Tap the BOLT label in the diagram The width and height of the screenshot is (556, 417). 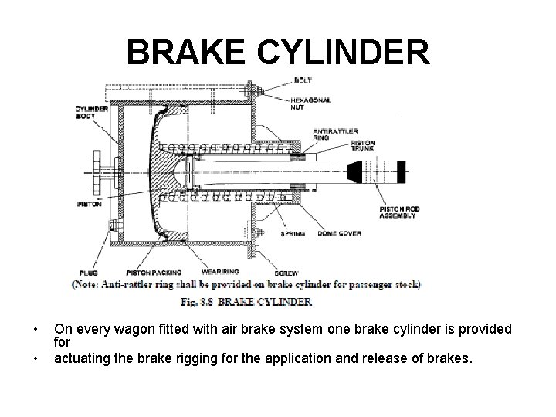[x=303, y=80]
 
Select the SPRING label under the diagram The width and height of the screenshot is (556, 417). [x=293, y=232]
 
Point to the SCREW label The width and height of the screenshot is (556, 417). [x=286, y=273]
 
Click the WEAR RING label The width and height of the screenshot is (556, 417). [x=219, y=272]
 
